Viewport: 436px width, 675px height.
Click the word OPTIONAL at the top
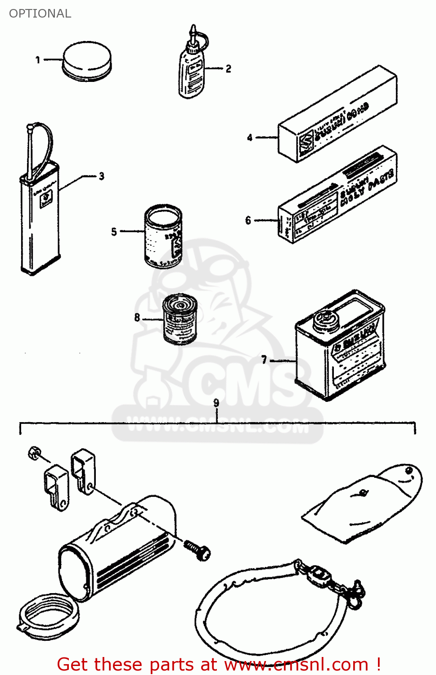pos(40,13)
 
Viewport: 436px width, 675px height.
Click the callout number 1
pos(38,59)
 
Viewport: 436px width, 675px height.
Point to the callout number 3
pos(102,176)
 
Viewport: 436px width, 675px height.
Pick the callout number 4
pos(250,137)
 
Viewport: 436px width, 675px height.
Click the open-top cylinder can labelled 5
pos(163,236)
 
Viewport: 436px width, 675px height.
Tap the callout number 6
pos(248,220)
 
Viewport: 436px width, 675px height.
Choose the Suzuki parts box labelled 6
pos(337,196)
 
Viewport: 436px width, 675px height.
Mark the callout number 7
pos(264,359)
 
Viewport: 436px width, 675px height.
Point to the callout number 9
pos(216,403)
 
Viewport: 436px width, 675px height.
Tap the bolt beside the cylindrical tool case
pos(198,549)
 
